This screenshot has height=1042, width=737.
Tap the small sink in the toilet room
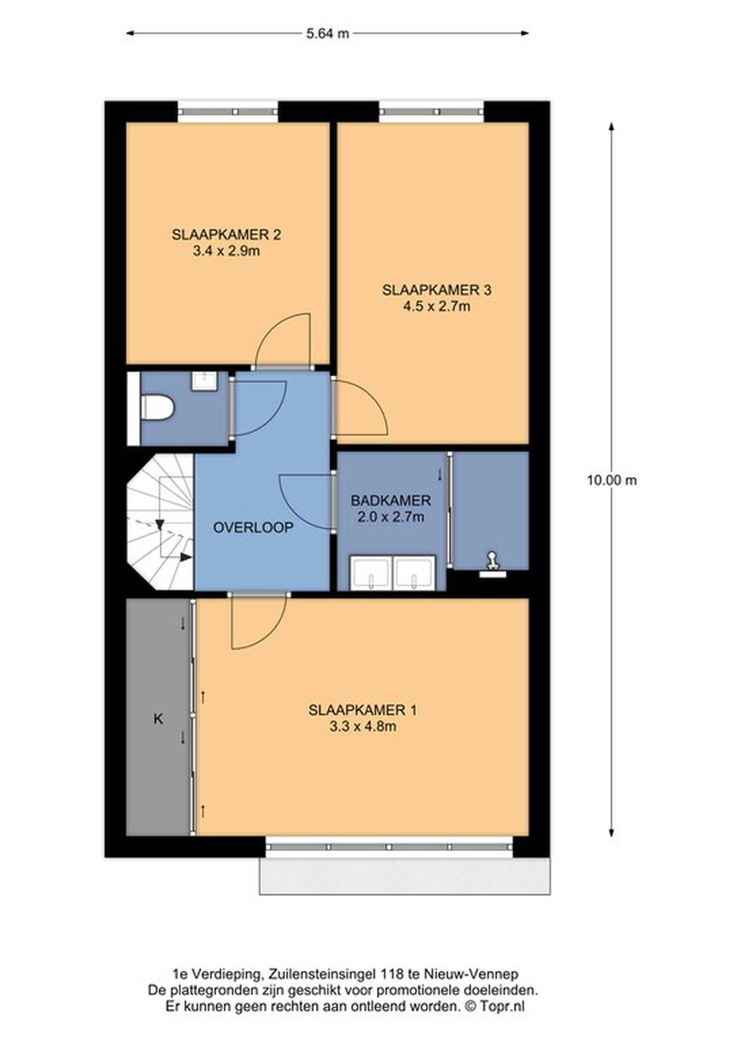coord(205,381)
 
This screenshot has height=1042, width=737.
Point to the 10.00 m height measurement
coord(612,480)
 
